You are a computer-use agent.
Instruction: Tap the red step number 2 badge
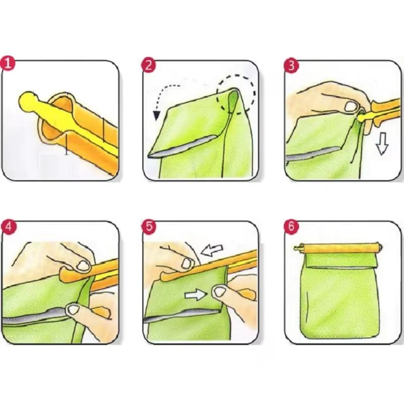point(149,65)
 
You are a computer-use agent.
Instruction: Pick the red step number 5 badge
point(149,227)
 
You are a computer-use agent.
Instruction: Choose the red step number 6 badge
point(291,227)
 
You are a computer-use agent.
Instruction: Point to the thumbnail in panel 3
point(351,107)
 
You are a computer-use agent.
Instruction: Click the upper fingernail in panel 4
point(84,265)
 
